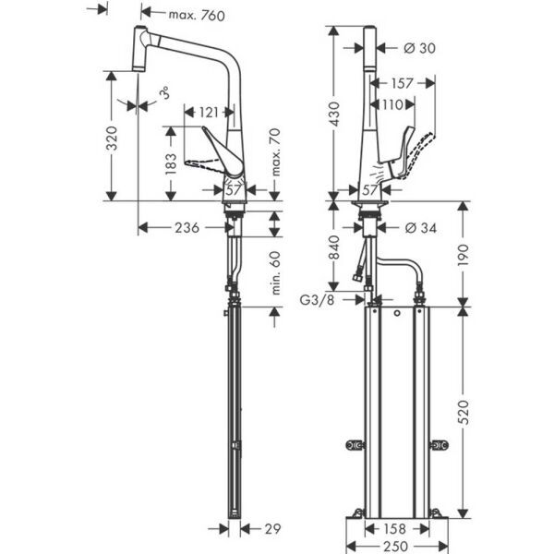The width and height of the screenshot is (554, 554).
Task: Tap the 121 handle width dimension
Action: coord(211,112)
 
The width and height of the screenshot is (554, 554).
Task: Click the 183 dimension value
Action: coord(170,163)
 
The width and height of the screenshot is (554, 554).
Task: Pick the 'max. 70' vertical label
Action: coord(274,154)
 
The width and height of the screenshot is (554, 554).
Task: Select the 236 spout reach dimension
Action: coord(188,228)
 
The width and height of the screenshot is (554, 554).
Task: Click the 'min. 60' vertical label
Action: coord(274,272)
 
